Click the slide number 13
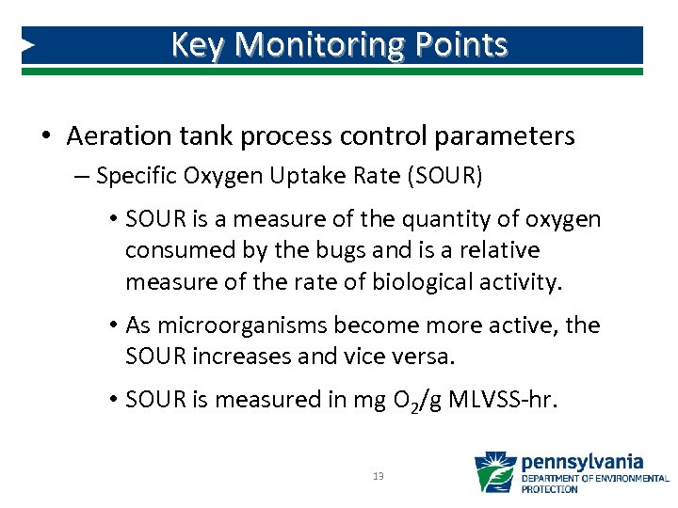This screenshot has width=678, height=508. (379, 476)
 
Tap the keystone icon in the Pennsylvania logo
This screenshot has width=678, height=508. (494, 472)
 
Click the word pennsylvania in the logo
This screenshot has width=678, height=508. (582, 461)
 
